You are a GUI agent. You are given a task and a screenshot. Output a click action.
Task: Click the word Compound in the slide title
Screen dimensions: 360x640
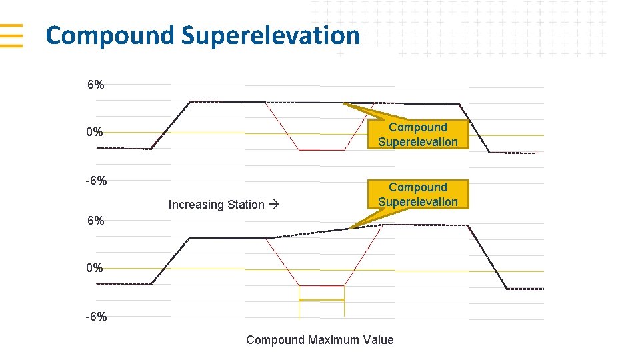[x=109, y=35]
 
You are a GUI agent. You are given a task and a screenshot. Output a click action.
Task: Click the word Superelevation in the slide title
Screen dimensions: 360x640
[x=270, y=35]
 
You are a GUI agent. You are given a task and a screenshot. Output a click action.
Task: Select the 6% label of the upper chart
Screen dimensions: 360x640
[x=95, y=85]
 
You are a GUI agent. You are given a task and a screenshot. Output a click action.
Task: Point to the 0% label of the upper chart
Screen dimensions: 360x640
[x=95, y=132]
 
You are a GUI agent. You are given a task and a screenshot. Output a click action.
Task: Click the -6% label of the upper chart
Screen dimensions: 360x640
[x=95, y=181]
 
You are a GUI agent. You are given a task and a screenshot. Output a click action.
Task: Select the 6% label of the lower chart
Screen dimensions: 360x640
[x=95, y=221]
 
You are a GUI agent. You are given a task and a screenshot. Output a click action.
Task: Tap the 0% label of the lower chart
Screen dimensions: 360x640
[x=95, y=268]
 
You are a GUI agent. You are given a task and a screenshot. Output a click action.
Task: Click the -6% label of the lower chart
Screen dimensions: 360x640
[x=95, y=317]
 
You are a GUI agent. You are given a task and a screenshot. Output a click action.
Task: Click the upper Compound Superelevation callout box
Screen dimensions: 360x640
[x=418, y=134]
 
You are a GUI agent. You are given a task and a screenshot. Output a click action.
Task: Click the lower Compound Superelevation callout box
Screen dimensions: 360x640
[x=418, y=194]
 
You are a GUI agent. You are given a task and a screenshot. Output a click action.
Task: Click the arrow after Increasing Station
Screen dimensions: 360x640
[x=273, y=205]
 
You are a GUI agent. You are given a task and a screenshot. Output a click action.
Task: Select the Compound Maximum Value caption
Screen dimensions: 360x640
[x=320, y=340]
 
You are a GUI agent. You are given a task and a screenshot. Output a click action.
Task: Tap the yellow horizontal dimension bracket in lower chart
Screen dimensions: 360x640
[x=321, y=300]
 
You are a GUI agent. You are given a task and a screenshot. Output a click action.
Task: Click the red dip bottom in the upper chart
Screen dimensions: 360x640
[x=321, y=150]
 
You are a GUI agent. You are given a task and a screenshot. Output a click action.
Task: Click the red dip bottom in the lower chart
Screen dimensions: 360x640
[x=321, y=285]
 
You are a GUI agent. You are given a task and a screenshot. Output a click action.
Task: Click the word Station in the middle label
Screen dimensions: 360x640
[x=245, y=205]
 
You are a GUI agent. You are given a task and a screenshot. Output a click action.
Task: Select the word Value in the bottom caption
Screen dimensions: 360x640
[x=378, y=340]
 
